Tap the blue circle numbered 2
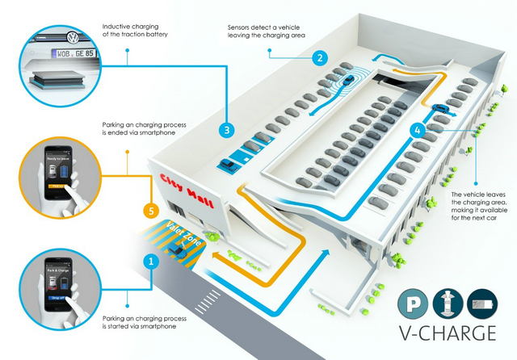[x=321, y=58]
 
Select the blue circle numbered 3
[x=227, y=129]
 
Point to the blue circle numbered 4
[x=417, y=129]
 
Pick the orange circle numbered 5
[x=149, y=211]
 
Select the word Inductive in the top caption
[x=117, y=27]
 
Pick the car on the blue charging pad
[x=229, y=165]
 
